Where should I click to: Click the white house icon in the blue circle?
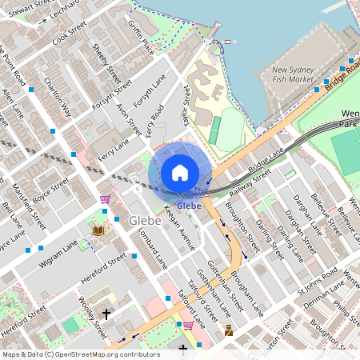(x=180, y=172)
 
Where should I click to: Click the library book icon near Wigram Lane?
(x=98, y=230)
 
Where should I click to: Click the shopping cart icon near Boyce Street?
(x=105, y=199)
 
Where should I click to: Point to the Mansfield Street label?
(x=29, y=204)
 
